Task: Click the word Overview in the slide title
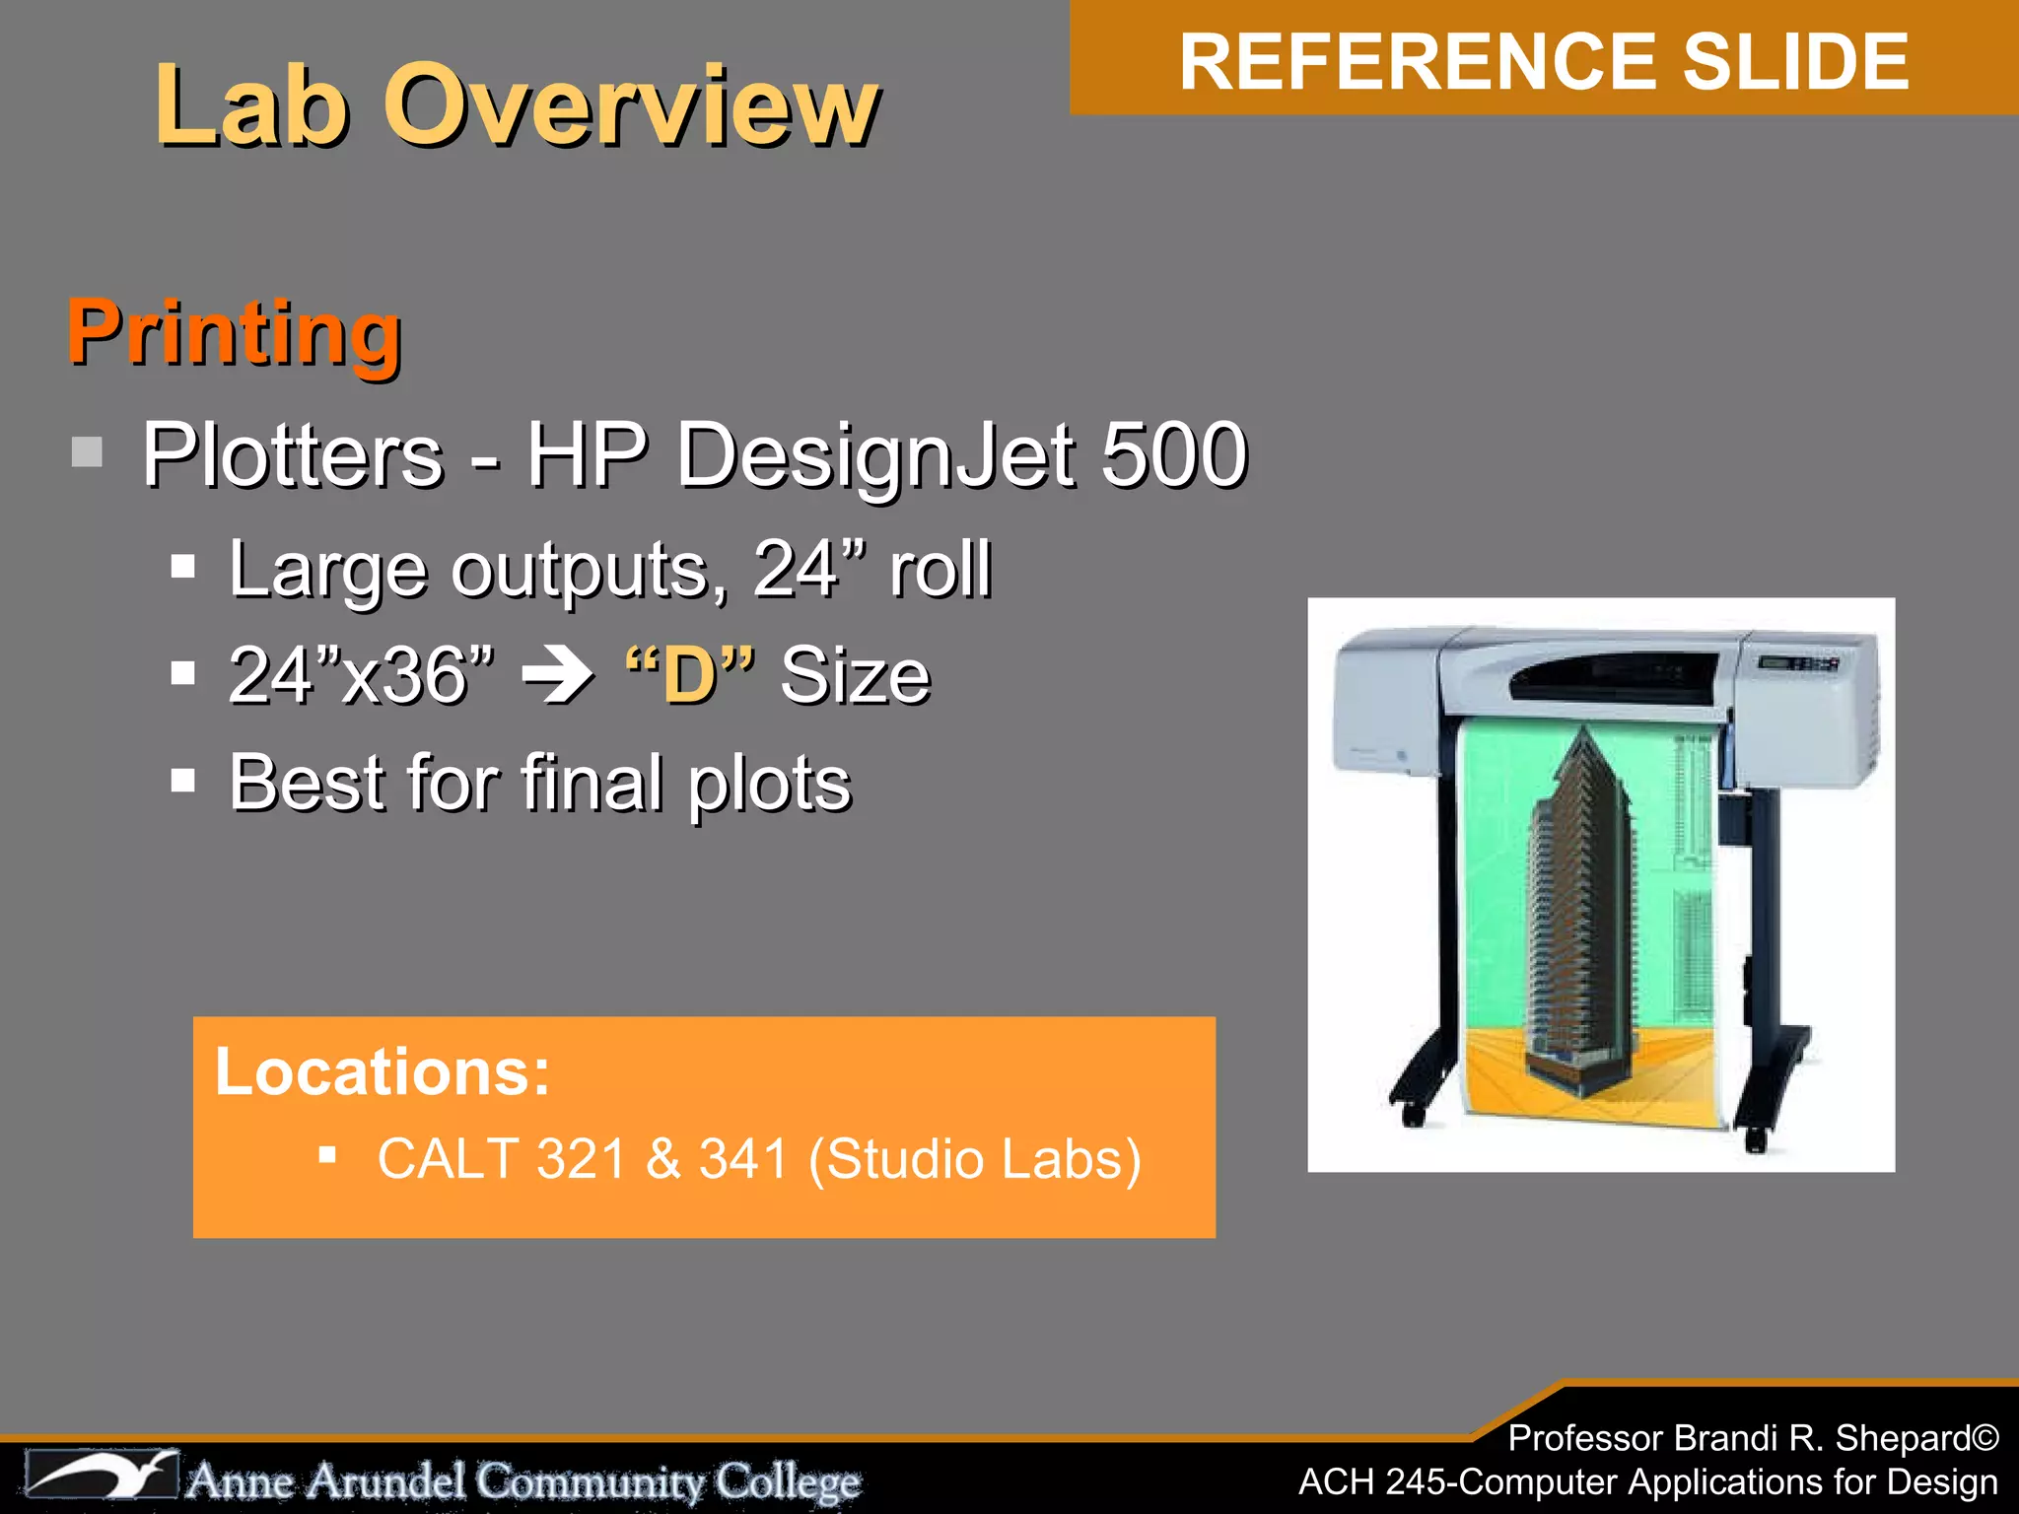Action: [631, 106]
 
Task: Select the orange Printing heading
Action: [234, 333]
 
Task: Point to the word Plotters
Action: [293, 454]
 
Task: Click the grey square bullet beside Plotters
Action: [88, 452]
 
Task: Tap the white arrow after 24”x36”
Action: [558, 675]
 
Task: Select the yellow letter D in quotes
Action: [690, 675]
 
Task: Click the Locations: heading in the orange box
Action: [383, 1071]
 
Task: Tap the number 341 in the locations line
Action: [743, 1159]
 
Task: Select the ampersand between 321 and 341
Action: [663, 1159]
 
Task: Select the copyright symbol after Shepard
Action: [1985, 1438]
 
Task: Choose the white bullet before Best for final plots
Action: [182, 782]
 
